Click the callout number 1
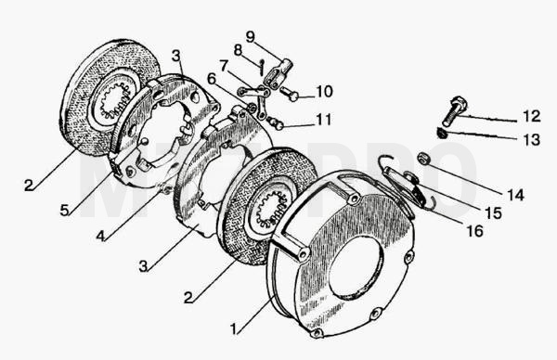click(x=233, y=329)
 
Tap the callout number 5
click(x=64, y=211)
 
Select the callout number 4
click(x=100, y=236)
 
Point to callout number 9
click(x=250, y=36)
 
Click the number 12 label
click(x=532, y=117)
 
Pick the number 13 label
click(x=532, y=139)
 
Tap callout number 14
click(x=515, y=195)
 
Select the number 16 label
click(x=475, y=231)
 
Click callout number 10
click(x=324, y=92)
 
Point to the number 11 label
click(x=324, y=120)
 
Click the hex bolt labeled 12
click(x=453, y=110)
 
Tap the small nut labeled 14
click(x=423, y=158)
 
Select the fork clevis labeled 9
click(x=278, y=74)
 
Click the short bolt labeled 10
click(x=289, y=94)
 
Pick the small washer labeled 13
click(x=442, y=134)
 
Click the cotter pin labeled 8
click(x=261, y=67)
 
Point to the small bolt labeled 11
click(x=276, y=122)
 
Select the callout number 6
click(x=212, y=79)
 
